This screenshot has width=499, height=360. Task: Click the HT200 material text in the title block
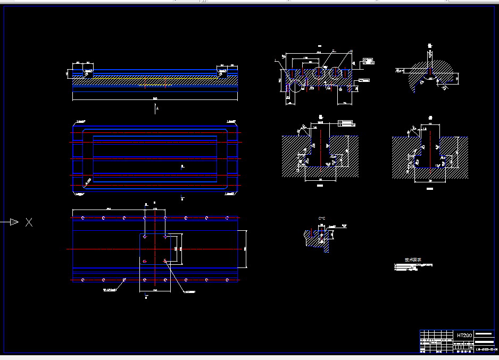[x=464, y=336]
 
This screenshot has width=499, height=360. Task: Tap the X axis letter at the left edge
[x=29, y=222]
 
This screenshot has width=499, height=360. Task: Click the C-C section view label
[x=321, y=219]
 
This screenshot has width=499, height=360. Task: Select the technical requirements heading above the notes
[x=412, y=259]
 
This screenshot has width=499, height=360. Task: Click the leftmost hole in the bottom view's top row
[x=83, y=218]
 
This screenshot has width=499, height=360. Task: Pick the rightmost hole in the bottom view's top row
[x=228, y=218]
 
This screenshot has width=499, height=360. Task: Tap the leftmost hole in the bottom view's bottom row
[x=83, y=280]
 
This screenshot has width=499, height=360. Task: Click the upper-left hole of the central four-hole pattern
[x=145, y=237]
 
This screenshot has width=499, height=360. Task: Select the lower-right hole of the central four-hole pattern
[x=165, y=261]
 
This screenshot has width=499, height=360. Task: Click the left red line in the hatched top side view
[x=145, y=82]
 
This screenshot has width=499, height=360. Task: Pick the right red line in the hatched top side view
[x=165, y=82]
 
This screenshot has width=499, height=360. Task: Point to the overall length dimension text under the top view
[x=155, y=98]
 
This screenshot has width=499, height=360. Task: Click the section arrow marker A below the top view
[x=156, y=108]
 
